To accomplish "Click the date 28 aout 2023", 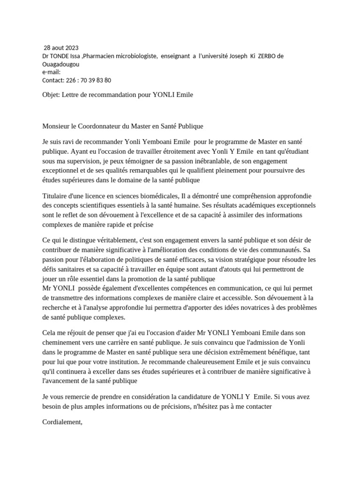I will [61, 48].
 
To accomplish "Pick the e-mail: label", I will [52, 72].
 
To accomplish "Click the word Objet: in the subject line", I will [51, 95].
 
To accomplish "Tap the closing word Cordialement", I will [62, 422].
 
